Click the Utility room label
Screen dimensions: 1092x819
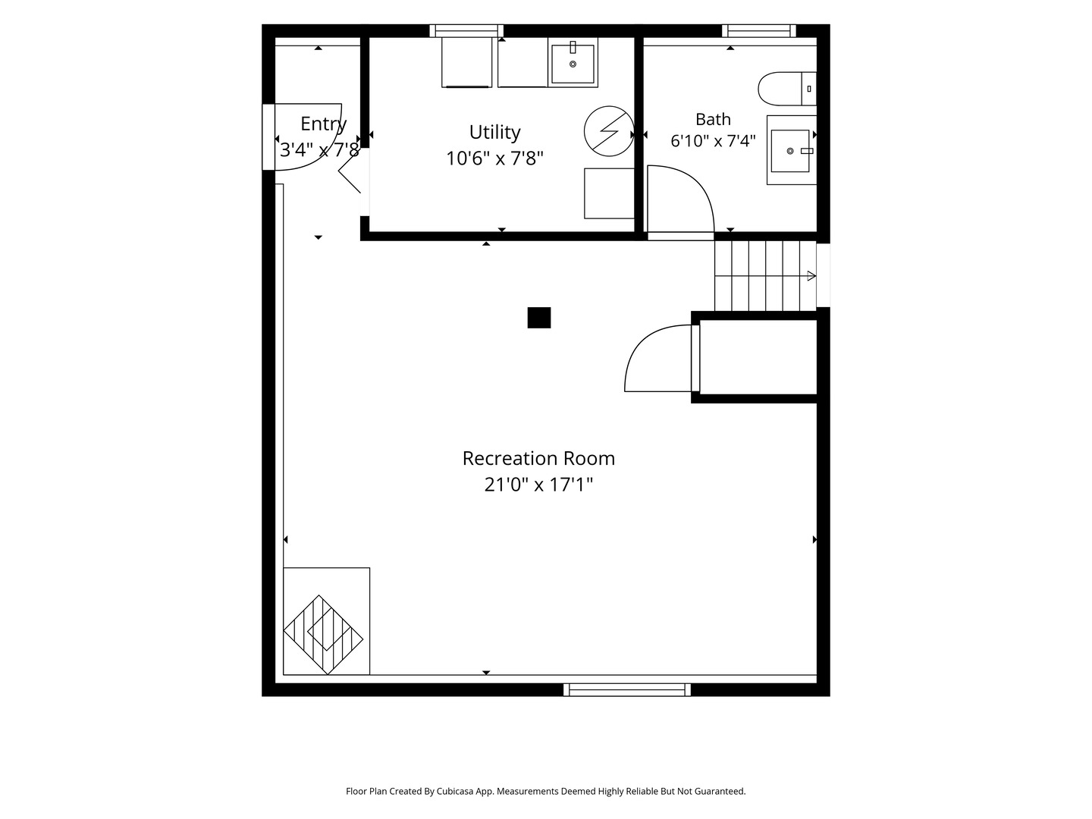(494, 132)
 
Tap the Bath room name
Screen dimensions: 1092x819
(713, 119)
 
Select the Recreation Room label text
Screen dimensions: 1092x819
(538, 458)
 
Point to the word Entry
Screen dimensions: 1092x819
(323, 124)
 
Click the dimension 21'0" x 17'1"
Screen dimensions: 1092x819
(538, 485)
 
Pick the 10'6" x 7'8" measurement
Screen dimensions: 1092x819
(494, 158)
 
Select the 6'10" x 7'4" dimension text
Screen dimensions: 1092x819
(713, 141)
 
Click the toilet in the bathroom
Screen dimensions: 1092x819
(787, 89)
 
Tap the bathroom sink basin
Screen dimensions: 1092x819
(790, 151)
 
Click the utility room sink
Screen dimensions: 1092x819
(573, 63)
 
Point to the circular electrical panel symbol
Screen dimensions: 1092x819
(609, 131)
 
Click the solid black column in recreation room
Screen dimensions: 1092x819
(538, 318)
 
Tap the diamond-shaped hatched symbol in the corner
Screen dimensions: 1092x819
(323, 635)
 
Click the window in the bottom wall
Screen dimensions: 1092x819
(627, 690)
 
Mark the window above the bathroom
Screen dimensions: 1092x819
(758, 31)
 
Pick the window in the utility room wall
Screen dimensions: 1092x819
(466, 31)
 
